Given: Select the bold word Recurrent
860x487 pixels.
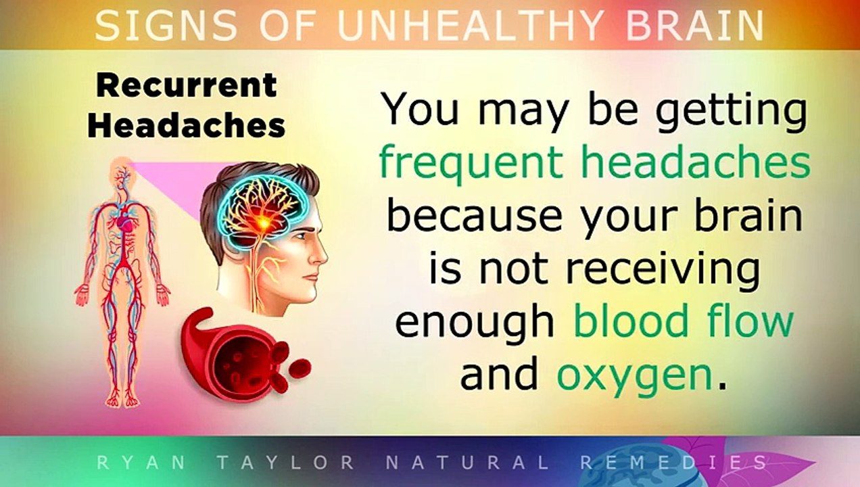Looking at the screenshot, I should point(186,85).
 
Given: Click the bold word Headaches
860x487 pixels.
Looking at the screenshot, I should point(186,125).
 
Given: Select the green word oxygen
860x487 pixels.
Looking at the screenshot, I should point(635,376).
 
